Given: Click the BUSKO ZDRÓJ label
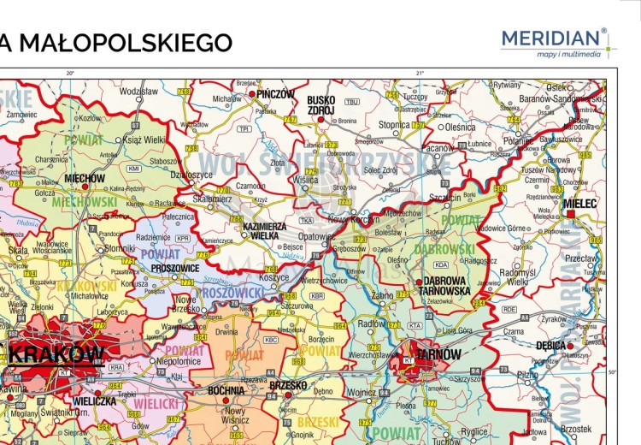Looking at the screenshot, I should [x=321, y=105].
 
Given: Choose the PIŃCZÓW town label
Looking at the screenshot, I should [x=274, y=94].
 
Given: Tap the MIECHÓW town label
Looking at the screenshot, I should [x=85, y=178].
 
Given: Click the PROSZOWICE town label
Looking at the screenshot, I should [x=174, y=268].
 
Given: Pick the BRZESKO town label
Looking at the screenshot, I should [x=287, y=385].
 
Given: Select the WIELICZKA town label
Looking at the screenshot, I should [x=95, y=400].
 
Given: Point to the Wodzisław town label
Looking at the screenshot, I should [x=139, y=91].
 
